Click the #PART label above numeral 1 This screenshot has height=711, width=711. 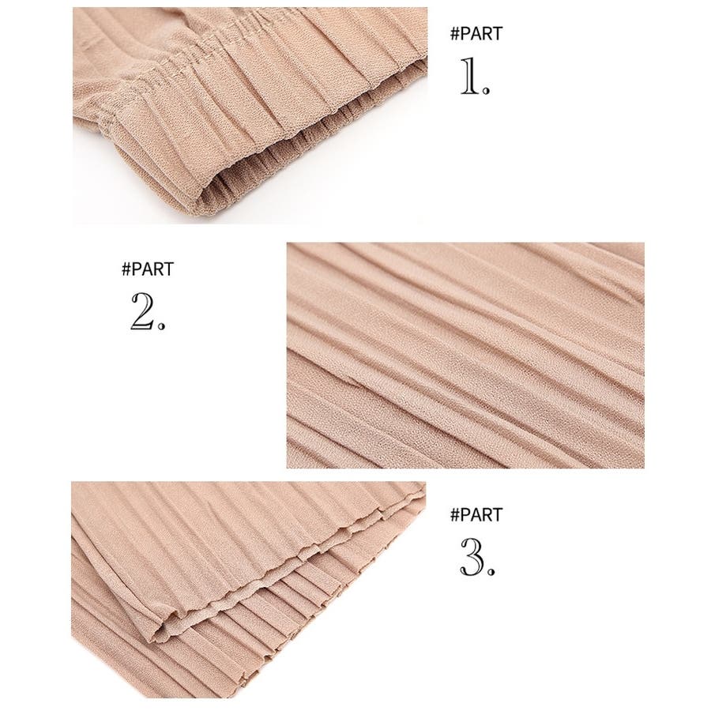click(x=476, y=34)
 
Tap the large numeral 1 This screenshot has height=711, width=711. click(x=470, y=76)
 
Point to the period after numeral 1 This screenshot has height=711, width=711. click(x=486, y=90)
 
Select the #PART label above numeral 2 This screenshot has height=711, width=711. click(x=148, y=269)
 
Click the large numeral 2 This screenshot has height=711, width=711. click(x=143, y=311)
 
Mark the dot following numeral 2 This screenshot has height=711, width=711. click(x=161, y=325)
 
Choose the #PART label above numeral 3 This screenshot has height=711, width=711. click(x=476, y=515)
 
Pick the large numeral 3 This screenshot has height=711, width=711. click(x=472, y=557)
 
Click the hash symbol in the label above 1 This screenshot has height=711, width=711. click(x=455, y=34)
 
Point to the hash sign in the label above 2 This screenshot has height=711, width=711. click(x=126, y=269)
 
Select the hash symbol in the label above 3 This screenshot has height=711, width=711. click(x=455, y=515)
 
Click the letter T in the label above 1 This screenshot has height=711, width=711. click(x=498, y=34)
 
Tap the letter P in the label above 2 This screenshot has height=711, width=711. click(x=137, y=269)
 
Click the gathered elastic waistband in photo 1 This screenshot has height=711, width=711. click(x=254, y=77)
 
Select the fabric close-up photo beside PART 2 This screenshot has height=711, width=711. click(x=465, y=355)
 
